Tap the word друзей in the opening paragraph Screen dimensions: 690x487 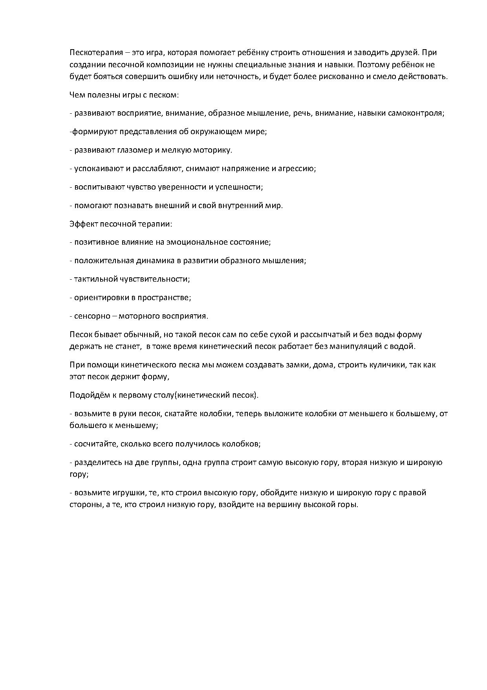pyautogui.click(x=407, y=53)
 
